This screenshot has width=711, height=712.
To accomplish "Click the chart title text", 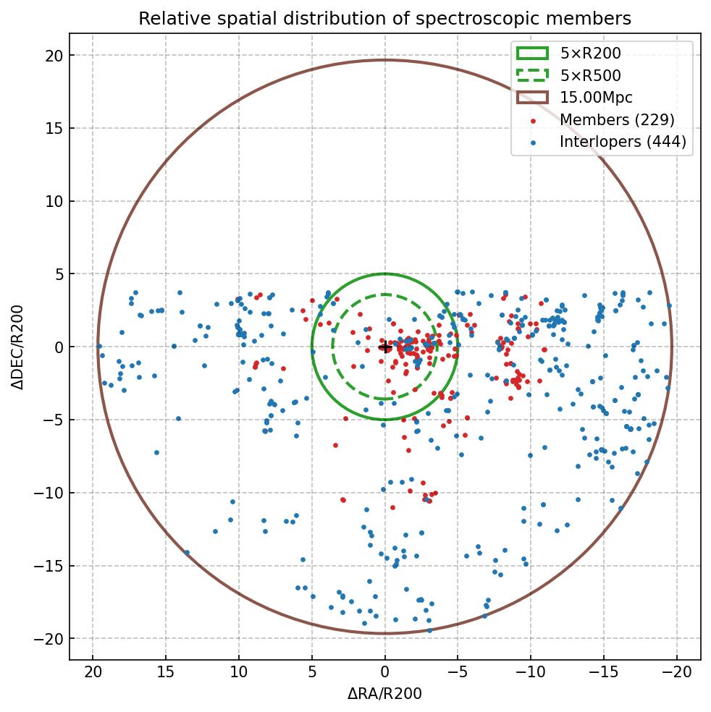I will [384, 19].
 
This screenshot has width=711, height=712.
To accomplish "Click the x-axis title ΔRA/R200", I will [384, 694].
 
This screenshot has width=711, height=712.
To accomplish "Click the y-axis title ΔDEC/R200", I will [17, 347].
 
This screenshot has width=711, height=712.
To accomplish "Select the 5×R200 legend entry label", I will [590, 53].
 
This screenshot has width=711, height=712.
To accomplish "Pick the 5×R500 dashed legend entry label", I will [590, 75].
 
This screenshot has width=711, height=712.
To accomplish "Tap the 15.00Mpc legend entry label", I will [596, 97].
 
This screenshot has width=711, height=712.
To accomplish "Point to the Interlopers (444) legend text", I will [623, 142].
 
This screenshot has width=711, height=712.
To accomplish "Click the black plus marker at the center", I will [384, 347].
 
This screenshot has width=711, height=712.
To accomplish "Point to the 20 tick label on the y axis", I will [53, 56].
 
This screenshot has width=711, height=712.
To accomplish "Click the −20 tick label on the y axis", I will [49, 639].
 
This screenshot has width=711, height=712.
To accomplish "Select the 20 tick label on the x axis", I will [93, 674].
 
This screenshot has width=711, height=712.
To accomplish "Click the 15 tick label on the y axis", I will [53, 129].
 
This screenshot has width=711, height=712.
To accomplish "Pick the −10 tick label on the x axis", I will [531, 674].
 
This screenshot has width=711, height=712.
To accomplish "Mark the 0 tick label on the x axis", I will [384, 674].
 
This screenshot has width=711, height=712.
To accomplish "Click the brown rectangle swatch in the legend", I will [532, 97].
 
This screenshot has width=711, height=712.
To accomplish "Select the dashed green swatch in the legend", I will [532, 75].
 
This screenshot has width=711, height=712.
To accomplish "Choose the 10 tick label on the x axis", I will [238, 674].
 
